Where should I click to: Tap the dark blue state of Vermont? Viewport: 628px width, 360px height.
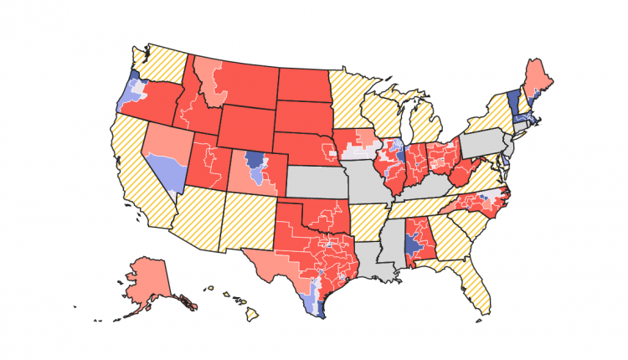(x=512, y=105)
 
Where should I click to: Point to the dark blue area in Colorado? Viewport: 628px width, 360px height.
(x=254, y=159)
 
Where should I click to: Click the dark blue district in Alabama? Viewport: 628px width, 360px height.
(x=410, y=244)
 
